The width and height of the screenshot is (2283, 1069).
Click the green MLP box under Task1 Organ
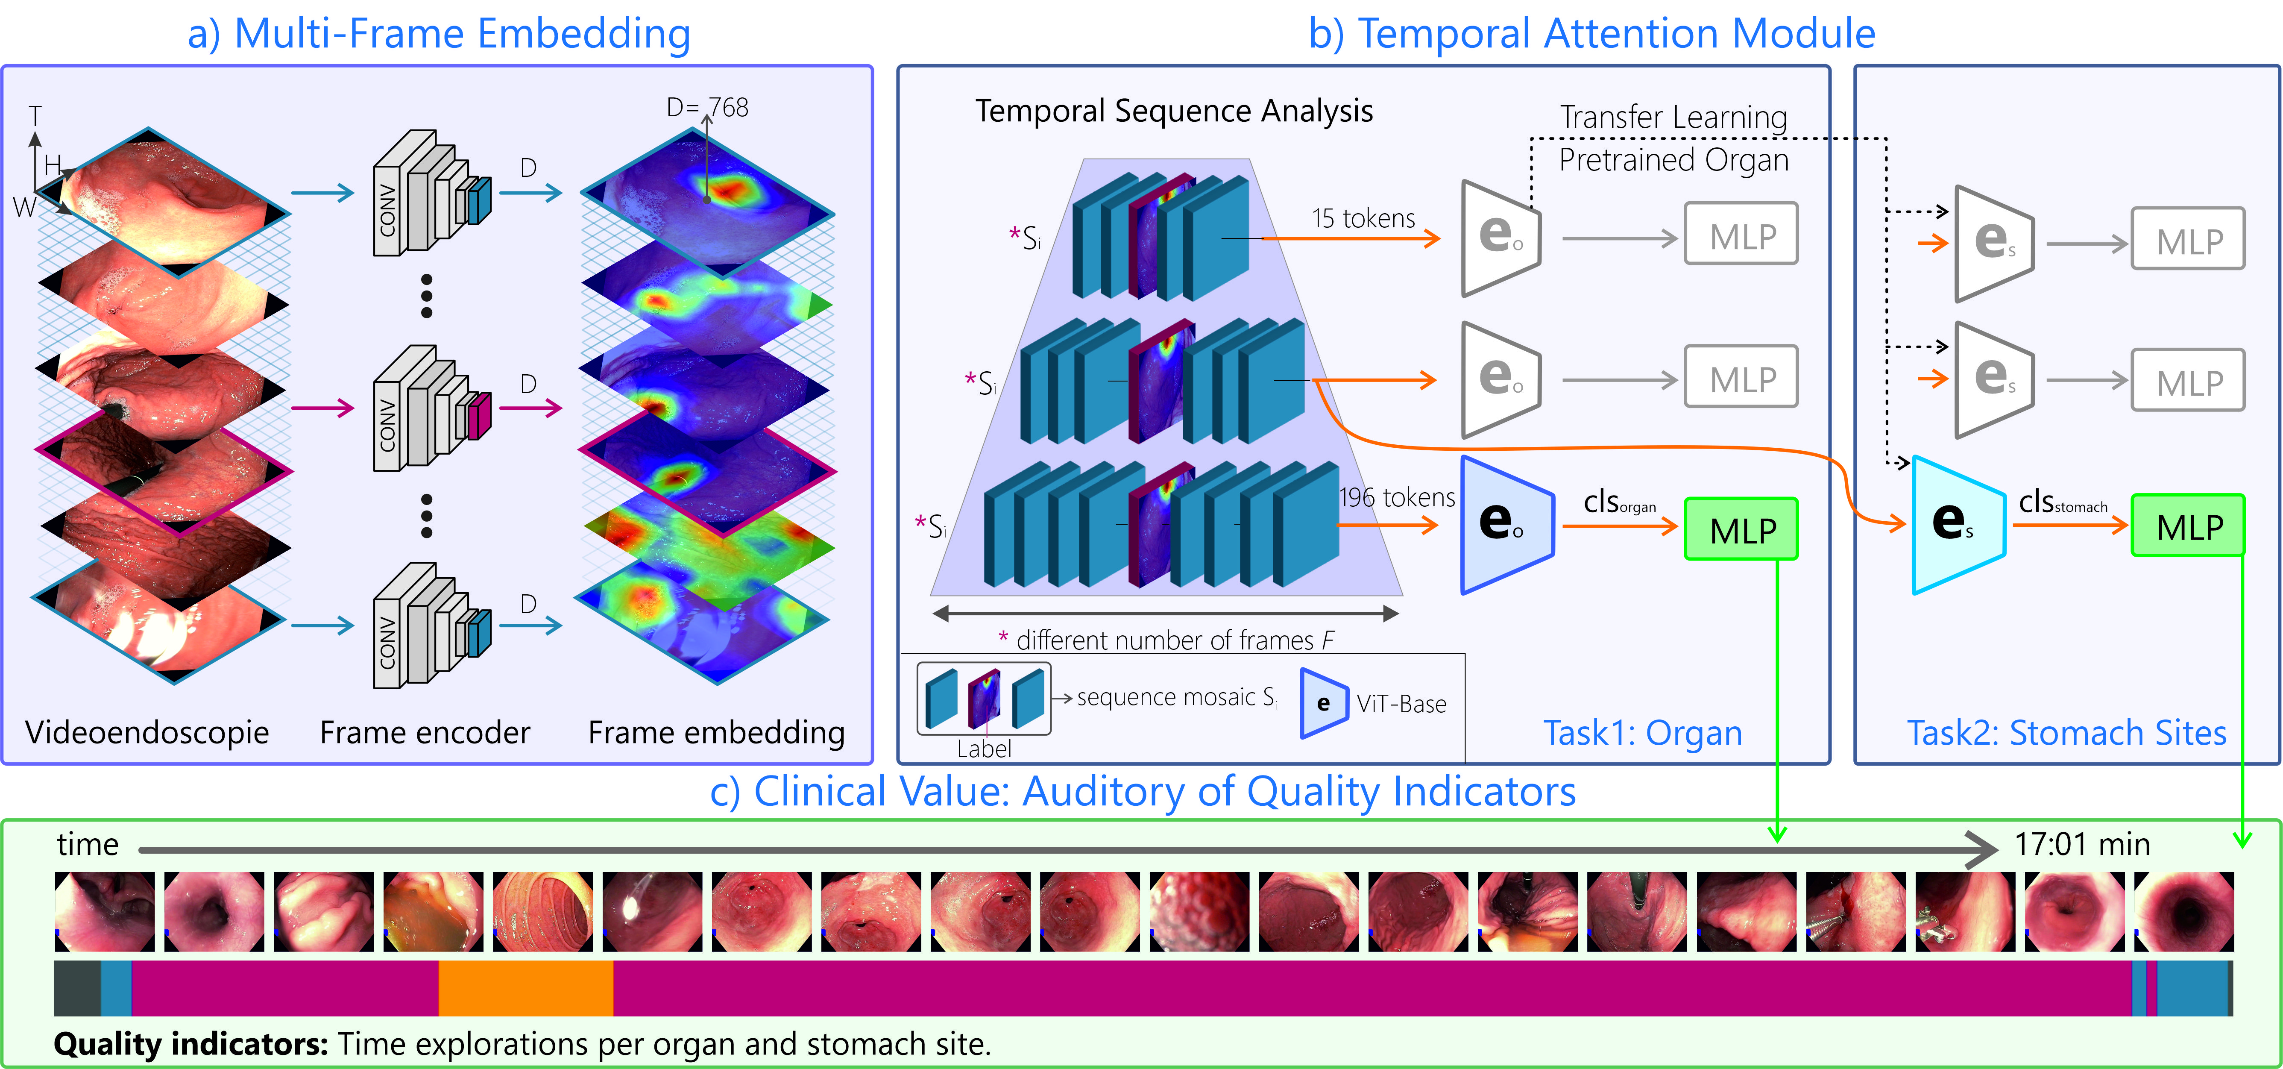[x=1741, y=529]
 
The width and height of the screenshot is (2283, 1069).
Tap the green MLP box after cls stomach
[x=2187, y=526]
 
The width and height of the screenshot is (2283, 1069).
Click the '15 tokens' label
[x=1363, y=218]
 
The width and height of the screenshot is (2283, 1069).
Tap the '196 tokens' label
[x=1397, y=497]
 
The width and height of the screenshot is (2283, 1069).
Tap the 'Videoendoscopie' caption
[x=147, y=732]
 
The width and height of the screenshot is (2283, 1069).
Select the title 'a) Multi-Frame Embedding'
[x=439, y=34]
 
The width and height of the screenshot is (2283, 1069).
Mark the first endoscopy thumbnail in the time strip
[x=105, y=911]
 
